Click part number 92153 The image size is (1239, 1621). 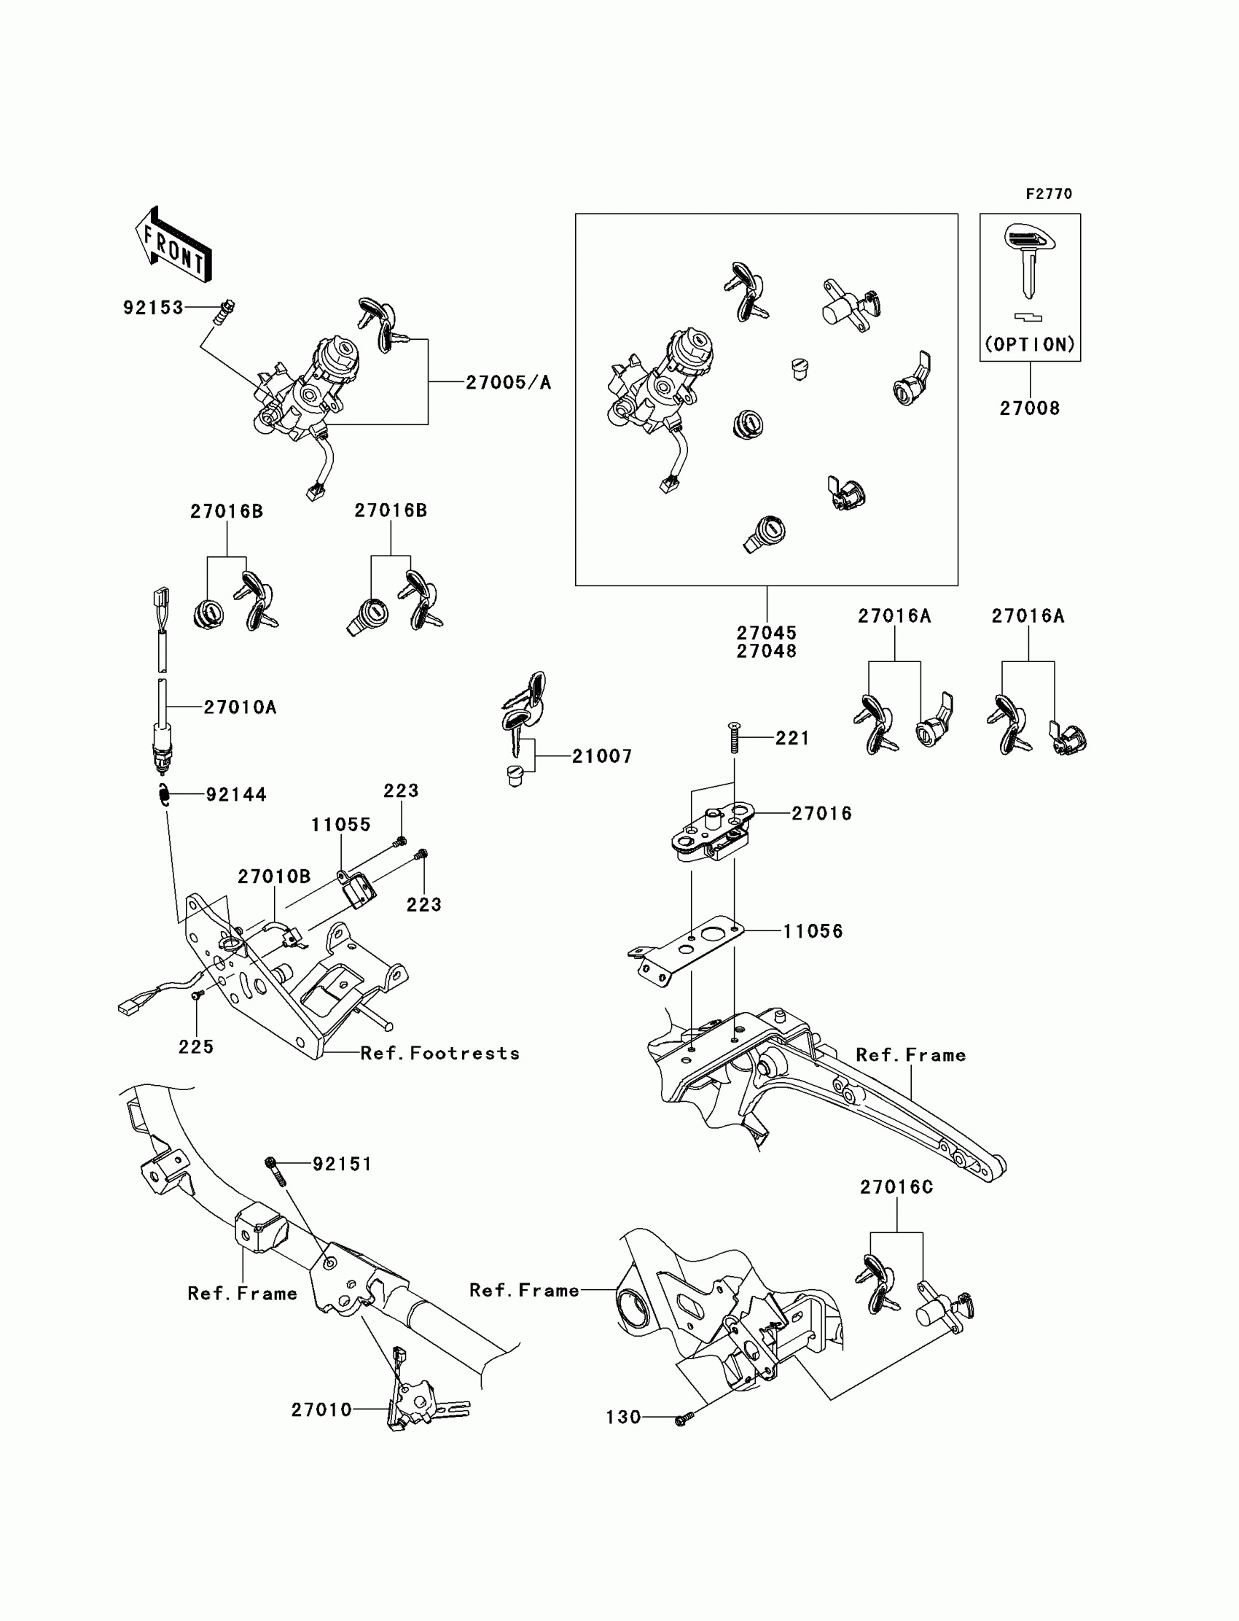point(152,308)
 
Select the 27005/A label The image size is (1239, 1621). point(508,382)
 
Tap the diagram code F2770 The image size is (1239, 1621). point(1049,194)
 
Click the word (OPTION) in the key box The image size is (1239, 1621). point(1030,345)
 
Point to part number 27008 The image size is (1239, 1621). point(1030,408)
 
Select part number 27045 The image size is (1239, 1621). point(766,632)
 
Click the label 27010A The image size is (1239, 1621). point(240,707)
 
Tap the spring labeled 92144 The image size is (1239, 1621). point(165,796)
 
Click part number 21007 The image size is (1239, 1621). point(602,756)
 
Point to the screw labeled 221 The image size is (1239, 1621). point(734,738)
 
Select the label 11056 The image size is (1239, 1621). point(813,931)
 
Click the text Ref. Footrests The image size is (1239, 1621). point(439,1054)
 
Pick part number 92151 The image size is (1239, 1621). point(343,1165)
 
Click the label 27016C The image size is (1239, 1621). point(896,1187)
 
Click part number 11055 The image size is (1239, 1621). point(340,825)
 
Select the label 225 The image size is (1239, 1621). point(196,1047)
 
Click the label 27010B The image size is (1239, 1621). point(273,876)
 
